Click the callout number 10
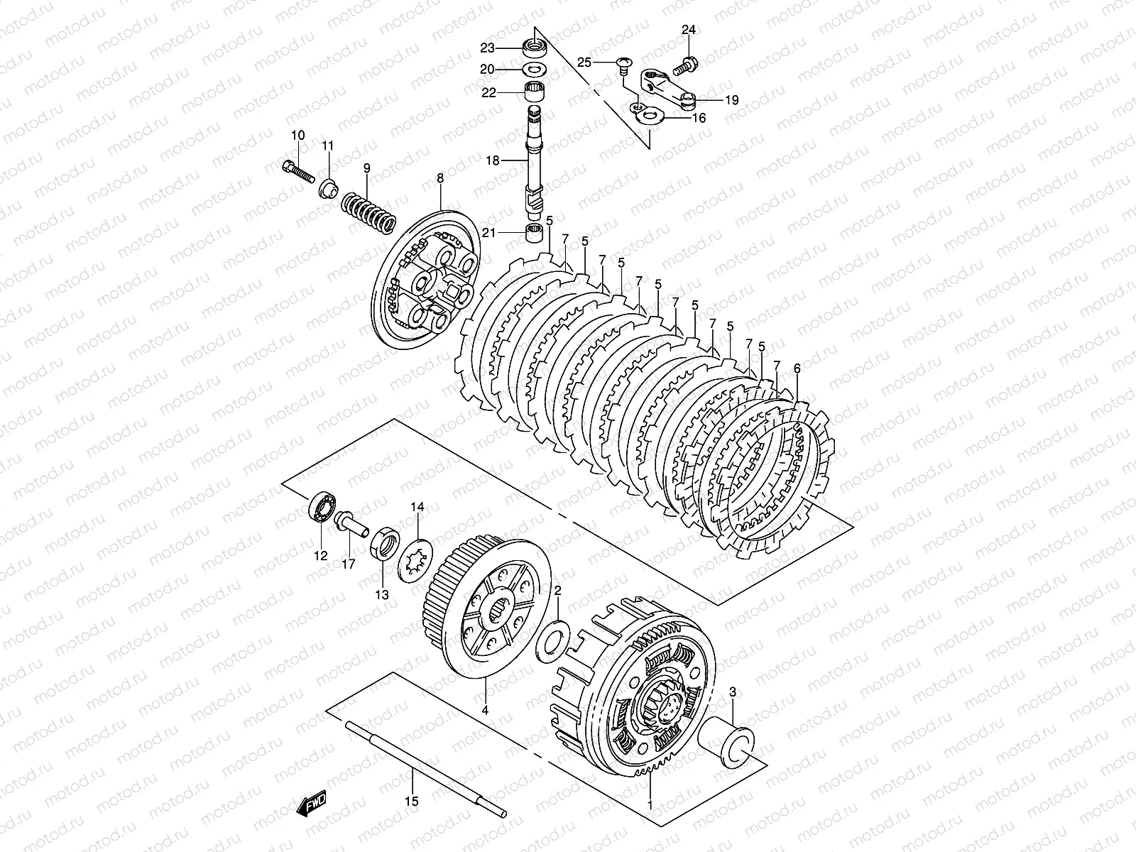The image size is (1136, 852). coord(297,135)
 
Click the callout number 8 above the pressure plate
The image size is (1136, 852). coord(439,179)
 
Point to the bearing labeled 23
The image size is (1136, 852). coord(535,48)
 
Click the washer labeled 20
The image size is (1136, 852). coord(534,70)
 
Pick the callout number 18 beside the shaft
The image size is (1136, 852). coord(513,161)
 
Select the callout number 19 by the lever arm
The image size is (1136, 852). coord(731,100)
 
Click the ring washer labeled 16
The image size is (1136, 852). coord(650,114)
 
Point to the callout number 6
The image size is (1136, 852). coord(797,368)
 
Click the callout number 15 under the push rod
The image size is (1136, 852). coord(413,801)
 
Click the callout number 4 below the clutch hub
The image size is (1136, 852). coord(485,709)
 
